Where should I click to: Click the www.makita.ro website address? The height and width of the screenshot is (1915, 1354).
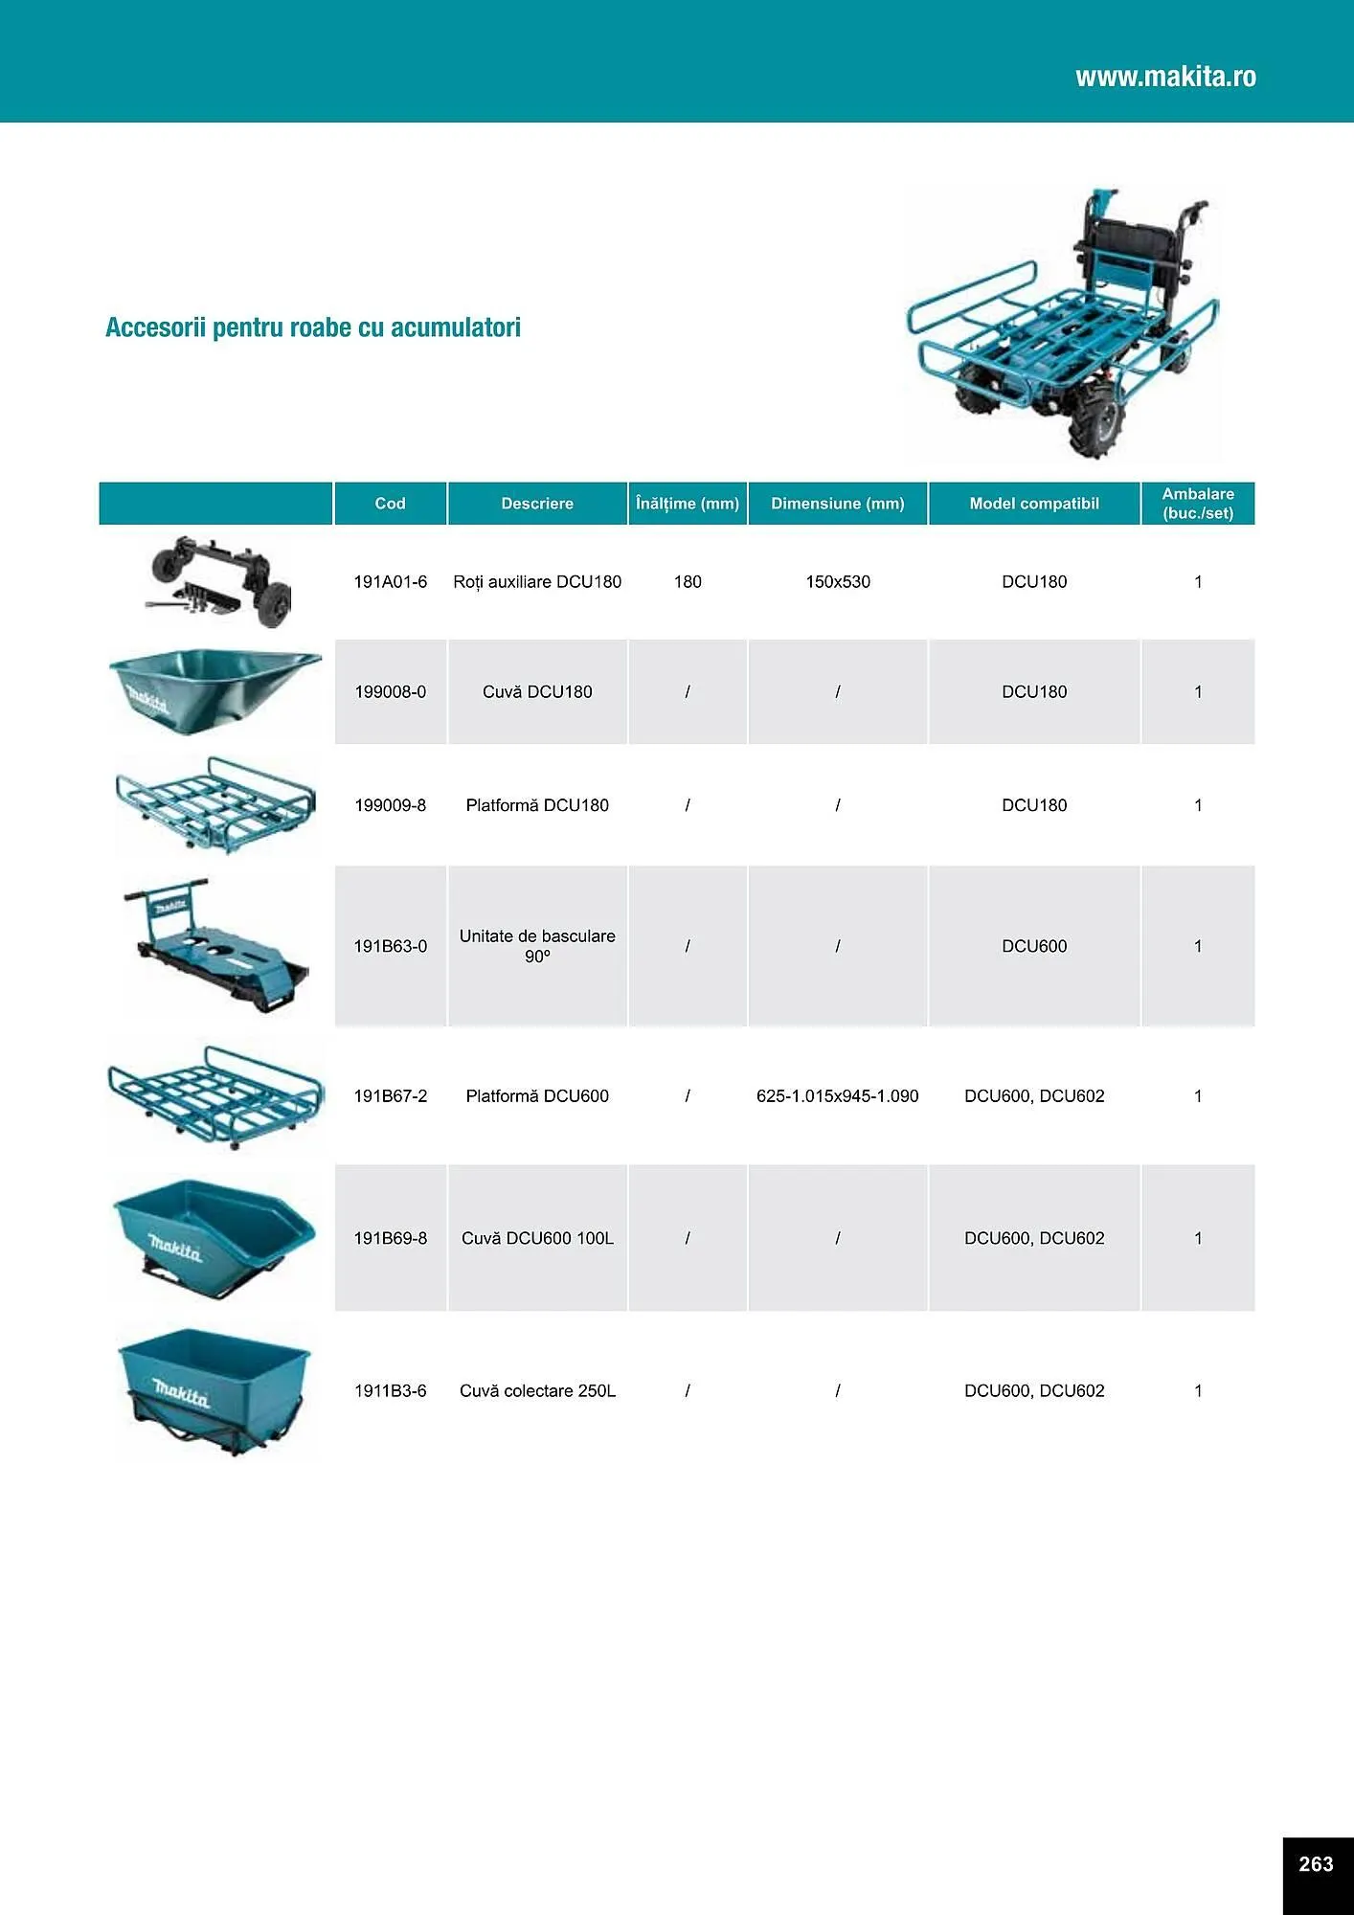[1165, 77]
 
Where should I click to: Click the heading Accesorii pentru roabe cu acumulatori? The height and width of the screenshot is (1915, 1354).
[313, 327]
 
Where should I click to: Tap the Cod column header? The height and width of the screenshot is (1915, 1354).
[390, 504]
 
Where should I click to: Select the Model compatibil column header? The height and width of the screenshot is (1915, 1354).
[1034, 504]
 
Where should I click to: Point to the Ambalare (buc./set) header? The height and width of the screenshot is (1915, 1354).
[1198, 504]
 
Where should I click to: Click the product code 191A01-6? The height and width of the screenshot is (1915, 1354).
[390, 582]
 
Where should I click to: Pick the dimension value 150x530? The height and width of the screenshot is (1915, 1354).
[838, 582]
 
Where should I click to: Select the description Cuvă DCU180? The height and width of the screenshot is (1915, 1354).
[537, 692]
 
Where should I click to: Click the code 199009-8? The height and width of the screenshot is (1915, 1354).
[390, 806]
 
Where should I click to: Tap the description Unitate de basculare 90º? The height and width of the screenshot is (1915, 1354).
[537, 946]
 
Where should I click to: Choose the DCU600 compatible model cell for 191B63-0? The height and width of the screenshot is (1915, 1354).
[1034, 946]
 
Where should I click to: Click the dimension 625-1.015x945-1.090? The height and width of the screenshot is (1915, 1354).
[838, 1096]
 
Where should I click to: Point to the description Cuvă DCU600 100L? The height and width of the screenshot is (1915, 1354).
[537, 1239]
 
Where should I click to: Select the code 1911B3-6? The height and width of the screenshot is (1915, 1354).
[390, 1391]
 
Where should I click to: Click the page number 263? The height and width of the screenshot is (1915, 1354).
[1316, 1864]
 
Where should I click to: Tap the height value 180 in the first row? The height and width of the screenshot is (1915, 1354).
[688, 582]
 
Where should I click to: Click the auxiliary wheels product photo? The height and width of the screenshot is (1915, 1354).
[218, 582]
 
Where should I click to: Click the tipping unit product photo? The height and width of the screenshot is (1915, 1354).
[215, 946]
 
